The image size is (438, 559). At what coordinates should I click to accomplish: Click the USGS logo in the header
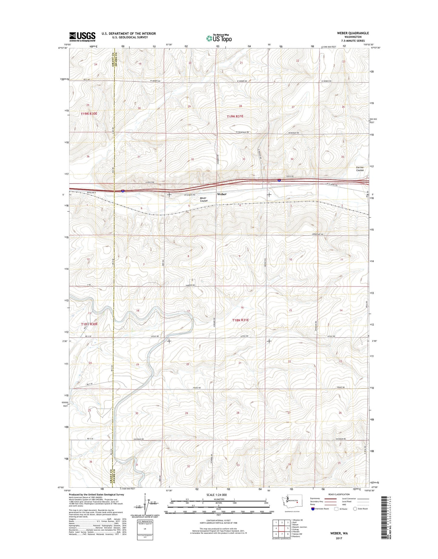(x=82, y=37)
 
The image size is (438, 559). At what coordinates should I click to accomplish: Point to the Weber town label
(x=222, y=194)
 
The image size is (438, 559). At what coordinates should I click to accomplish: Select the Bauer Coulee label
(x=203, y=200)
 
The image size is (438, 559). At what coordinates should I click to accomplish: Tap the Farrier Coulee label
(x=360, y=169)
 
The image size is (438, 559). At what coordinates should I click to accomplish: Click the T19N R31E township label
(x=235, y=116)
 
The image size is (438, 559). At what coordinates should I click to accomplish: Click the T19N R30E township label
(x=89, y=113)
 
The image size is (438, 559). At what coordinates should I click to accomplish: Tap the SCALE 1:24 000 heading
(x=216, y=495)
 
